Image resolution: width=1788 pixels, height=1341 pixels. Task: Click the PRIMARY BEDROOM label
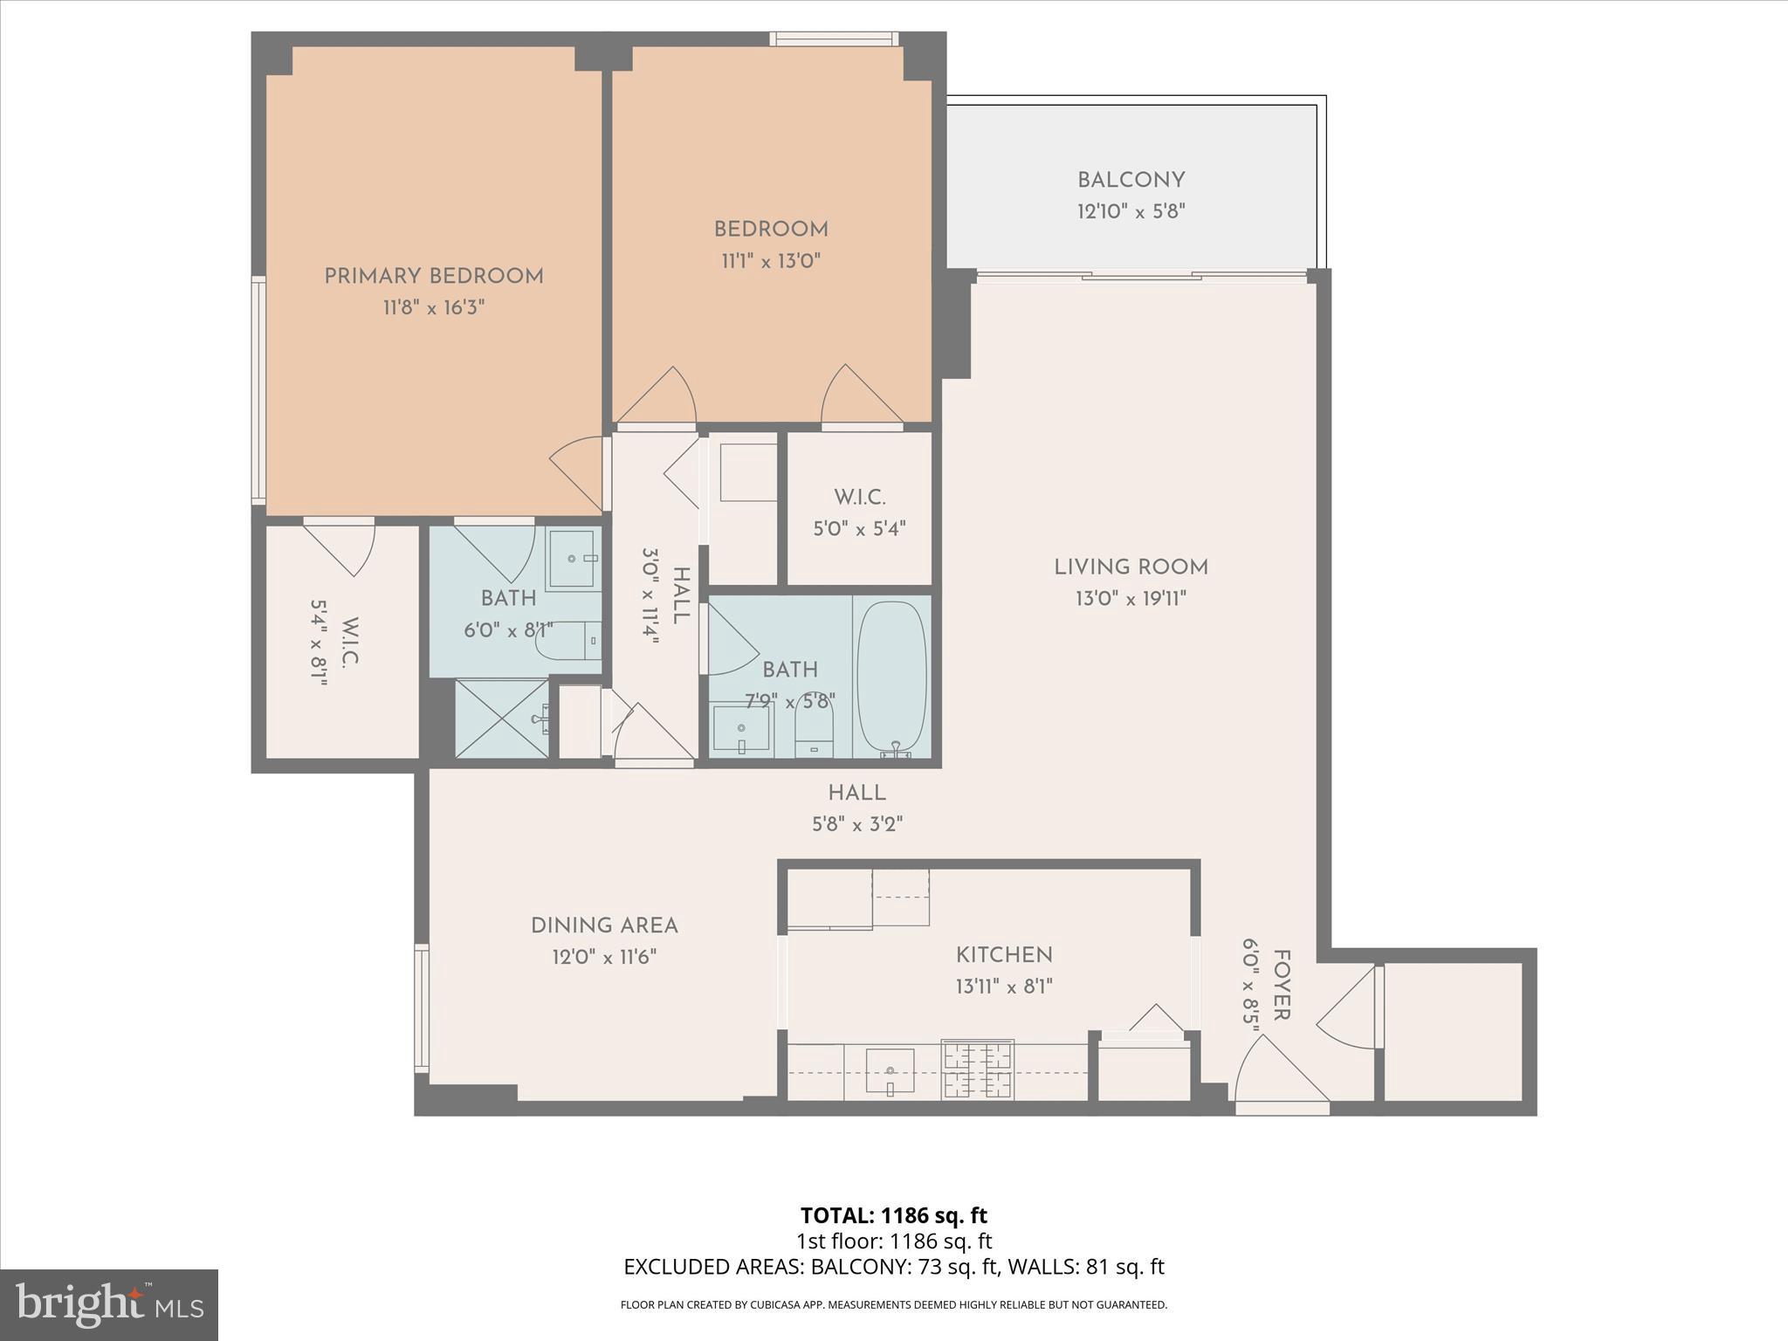click(x=434, y=276)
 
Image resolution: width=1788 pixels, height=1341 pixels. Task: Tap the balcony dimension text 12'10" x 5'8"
click(x=1131, y=211)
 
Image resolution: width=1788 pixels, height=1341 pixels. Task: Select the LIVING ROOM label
click(x=1131, y=567)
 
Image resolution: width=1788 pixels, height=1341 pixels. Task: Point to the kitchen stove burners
click(x=977, y=1069)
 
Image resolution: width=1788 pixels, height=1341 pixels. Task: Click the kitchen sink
click(x=890, y=1070)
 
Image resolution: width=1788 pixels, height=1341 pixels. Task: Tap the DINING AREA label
click(x=604, y=925)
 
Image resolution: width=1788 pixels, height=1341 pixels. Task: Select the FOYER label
click(x=1281, y=985)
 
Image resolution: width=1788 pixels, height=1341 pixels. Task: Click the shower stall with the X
click(x=501, y=719)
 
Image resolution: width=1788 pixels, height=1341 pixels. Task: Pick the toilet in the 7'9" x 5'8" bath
click(x=814, y=730)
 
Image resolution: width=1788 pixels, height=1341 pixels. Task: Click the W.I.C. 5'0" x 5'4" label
click(x=859, y=498)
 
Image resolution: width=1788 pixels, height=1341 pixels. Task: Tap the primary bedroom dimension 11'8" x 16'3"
click(x=434, y=307)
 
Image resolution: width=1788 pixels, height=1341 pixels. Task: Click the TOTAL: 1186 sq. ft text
click(x=893, y=1215)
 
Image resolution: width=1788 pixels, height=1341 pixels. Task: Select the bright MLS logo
click(x=109, y=1304)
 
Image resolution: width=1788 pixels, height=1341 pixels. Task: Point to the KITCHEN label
click(x=1004, y=955)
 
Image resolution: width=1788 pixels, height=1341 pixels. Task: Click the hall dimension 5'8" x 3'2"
click(x=857, y=824)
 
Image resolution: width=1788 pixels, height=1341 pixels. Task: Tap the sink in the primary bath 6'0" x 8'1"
click(x=573, y=558)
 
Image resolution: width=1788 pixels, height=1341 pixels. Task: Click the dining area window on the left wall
click(x=422, y=1007)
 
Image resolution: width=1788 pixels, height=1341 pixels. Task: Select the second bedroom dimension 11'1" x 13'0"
click(x=770, y=260)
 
